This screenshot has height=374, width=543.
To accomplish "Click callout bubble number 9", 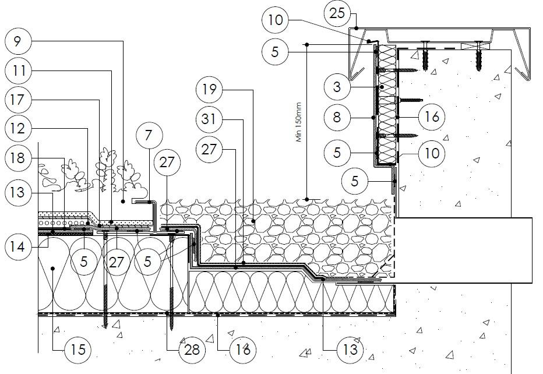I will pos(18,41).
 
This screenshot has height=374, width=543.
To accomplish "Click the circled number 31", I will pos(209,120).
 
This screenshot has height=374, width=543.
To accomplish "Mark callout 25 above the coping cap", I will pos(337,13).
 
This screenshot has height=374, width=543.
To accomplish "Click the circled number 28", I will pos(192,350).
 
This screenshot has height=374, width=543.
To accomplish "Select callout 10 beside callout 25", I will pos(276,21).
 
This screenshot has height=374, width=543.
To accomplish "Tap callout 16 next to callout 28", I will pos(242,350).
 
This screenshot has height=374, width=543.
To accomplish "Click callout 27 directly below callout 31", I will pos(209,150).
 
